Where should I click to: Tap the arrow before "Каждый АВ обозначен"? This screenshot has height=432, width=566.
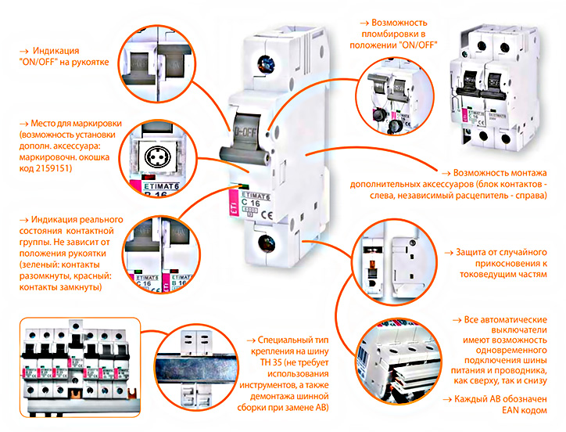(447, 400)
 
